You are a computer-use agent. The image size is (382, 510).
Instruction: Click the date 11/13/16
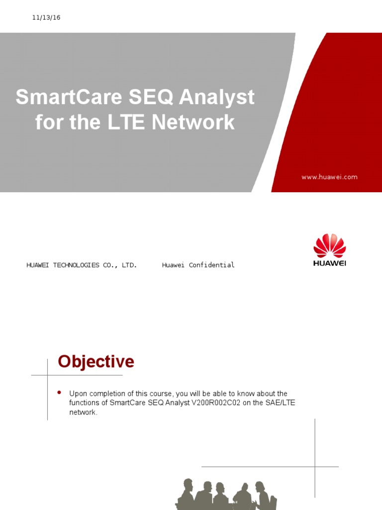pyautogui.click(x=46, y=17)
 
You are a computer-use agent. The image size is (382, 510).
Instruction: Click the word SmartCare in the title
pyautogui.click(x=69, y=97)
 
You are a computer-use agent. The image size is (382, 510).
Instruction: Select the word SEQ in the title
pyautogui.click(x=151, y=97)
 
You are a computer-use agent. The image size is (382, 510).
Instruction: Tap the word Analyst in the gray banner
pyautogui.click(x=217, y=97)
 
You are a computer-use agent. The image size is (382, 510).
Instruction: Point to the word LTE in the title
pyautogui.click(x=126, y=122)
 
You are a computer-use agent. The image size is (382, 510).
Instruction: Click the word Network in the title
pyautogui.click(x=193, y=122)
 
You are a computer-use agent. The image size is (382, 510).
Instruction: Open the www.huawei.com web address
pyautogui.click(x=329, y=177)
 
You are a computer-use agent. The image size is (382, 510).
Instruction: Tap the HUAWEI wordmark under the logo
pyautogui.click(x=329, y=263)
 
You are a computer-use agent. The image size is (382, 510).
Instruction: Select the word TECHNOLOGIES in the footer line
pyautogui.click(x=76, y=265)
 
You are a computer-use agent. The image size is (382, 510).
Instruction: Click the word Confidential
pyautogui.click(x=211, y=265)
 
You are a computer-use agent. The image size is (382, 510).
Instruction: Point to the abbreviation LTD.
pyautogui.click(x=129, y=265)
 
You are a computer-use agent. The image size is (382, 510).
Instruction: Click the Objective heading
pyautogui.click(x=96, y=362)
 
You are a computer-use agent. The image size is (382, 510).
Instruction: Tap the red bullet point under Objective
pyautogui.click(x=59, y=392)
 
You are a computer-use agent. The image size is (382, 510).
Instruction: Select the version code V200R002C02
pyautogui.click(x=216, y=402)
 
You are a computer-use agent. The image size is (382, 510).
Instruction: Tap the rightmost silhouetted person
pyautogui.click(x=263, y=496)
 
